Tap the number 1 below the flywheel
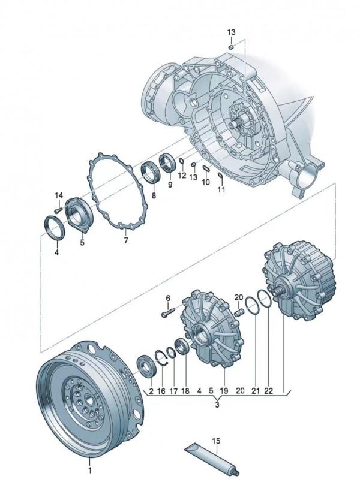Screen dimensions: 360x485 (x=90, y=471)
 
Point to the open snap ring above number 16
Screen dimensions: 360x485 (x=161, y=359)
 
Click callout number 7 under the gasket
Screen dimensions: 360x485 (x=125, y=240)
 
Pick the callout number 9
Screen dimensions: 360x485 (x=170, y=185)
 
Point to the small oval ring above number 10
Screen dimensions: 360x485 (x=206, y=167)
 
